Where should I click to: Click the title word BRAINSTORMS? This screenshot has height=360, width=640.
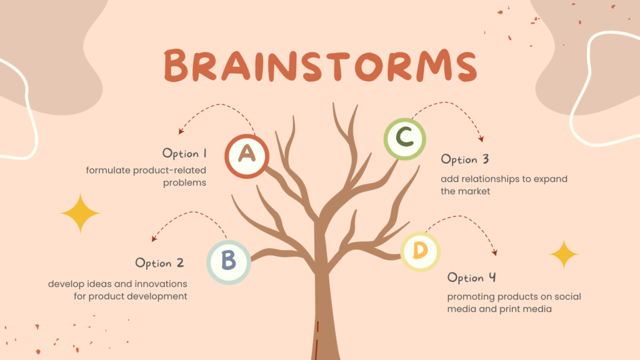[321, 65]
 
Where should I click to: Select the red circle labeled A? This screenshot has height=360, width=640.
[246, 156]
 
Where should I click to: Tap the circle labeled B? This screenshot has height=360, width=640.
[229, 262]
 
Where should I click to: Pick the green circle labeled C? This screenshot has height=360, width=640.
[405, 139]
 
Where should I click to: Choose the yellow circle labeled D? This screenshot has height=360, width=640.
[420, 251]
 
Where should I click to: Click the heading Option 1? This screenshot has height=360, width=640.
[184, 154]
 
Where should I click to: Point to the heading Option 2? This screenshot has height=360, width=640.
[159, 263]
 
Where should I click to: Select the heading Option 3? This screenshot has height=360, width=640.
[465, 159]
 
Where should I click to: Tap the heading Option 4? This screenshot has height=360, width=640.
[472, 277]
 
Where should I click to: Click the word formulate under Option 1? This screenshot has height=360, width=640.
[107, 170]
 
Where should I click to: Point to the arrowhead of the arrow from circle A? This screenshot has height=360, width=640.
[181, 131]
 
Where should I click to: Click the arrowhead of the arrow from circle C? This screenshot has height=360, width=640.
[482, 139]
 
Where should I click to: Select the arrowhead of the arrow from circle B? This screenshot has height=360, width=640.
[154, 238]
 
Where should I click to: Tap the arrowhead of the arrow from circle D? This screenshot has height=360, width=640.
[495, 252]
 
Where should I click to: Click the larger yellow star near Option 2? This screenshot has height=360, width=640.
[80, 213]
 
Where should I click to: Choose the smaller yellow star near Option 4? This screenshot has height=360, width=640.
[564, 254]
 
